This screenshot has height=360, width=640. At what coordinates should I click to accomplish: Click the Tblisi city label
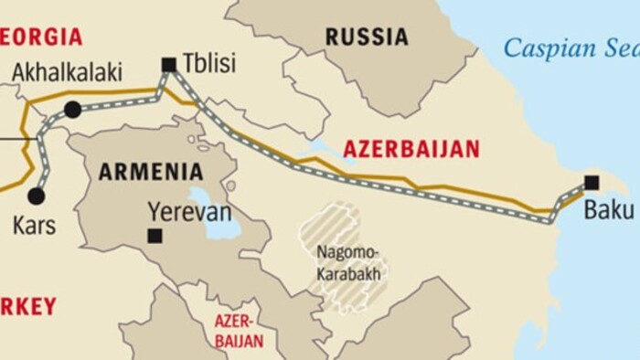pos(209,63)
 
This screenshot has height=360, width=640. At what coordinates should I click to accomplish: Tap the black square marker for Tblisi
pos(168,64)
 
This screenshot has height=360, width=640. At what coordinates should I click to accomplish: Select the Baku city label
pos(609,210)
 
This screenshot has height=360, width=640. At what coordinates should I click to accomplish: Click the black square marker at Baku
pos(592,182)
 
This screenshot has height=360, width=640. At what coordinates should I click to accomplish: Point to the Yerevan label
pos(189,213)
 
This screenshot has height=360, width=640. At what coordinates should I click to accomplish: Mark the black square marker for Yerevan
pos(155,236)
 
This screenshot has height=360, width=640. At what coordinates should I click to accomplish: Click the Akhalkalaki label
pos(67,73)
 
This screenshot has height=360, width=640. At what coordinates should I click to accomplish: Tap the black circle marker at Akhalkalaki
pos(72,110)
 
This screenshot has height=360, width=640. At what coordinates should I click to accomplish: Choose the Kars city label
pos(34,225)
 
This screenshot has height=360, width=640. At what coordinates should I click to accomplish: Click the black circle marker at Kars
pos(36,196)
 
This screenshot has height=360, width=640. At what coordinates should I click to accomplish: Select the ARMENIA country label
pos(151,171)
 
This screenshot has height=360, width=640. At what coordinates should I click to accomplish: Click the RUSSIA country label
pos(367,37)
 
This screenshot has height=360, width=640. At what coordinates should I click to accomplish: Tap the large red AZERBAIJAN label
pos(411,149)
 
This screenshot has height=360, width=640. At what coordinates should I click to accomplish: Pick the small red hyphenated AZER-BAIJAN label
pos(239,331)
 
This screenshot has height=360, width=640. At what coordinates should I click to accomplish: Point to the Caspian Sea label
pos(571,48)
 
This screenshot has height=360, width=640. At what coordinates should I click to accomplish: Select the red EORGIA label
pos(41,37)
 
